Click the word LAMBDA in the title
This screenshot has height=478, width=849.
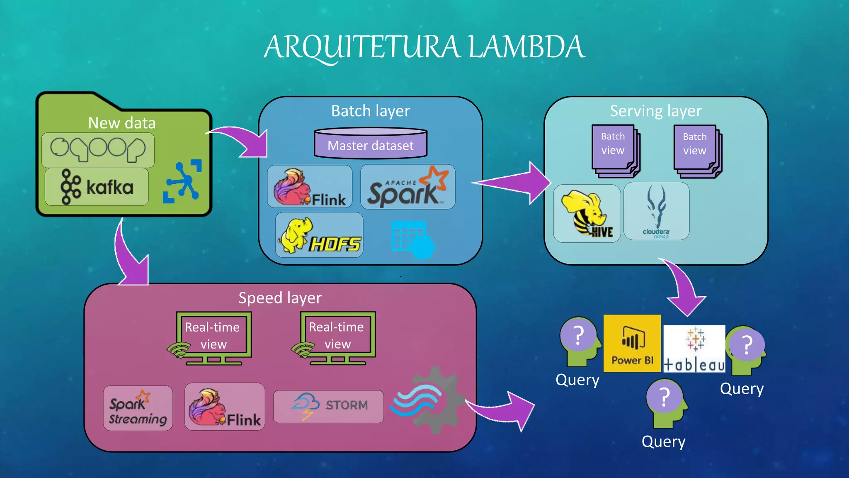(526, 46)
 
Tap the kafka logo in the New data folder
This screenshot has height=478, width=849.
(97, 187)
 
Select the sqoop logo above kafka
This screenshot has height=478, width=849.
(98, 150)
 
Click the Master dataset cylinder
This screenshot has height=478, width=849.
(371, 144)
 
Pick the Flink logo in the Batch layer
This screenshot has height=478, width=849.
(310, 187)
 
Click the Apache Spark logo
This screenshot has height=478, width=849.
(408, 187)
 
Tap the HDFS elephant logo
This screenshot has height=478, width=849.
(319, 235)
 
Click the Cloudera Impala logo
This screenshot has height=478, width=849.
(656, 211)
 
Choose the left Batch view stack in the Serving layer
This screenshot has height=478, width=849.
(615, 150)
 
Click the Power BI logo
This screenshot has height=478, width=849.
(632, 343)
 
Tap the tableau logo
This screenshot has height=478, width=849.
(694, 349)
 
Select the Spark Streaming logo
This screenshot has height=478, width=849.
(138, 408)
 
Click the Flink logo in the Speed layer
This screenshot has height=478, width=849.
(225, 407)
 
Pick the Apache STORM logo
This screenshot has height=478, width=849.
(329, 406)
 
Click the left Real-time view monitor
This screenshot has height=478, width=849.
(213, 337)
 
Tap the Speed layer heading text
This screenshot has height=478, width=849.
(280, 298)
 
